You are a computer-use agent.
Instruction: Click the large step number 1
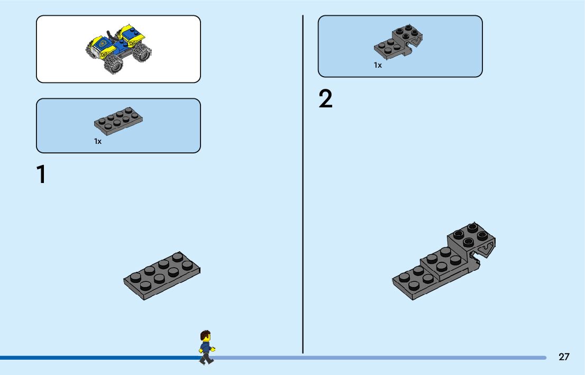point(41,175)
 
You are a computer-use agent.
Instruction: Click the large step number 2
point(326,99)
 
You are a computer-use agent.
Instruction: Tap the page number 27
point(564,357)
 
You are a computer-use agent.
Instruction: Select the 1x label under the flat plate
point(98,141)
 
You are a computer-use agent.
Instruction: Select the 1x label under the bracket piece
point(378,65)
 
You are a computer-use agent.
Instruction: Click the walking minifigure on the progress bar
point(206,347)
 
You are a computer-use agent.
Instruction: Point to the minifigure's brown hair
point(205,334)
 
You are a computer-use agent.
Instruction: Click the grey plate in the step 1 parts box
point(118,121)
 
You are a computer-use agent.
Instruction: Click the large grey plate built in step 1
point(162,276)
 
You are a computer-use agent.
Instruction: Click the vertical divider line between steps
point(303,185)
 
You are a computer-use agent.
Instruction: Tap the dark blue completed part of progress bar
point(95,358)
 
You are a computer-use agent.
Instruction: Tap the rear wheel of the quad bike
point(142,52)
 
